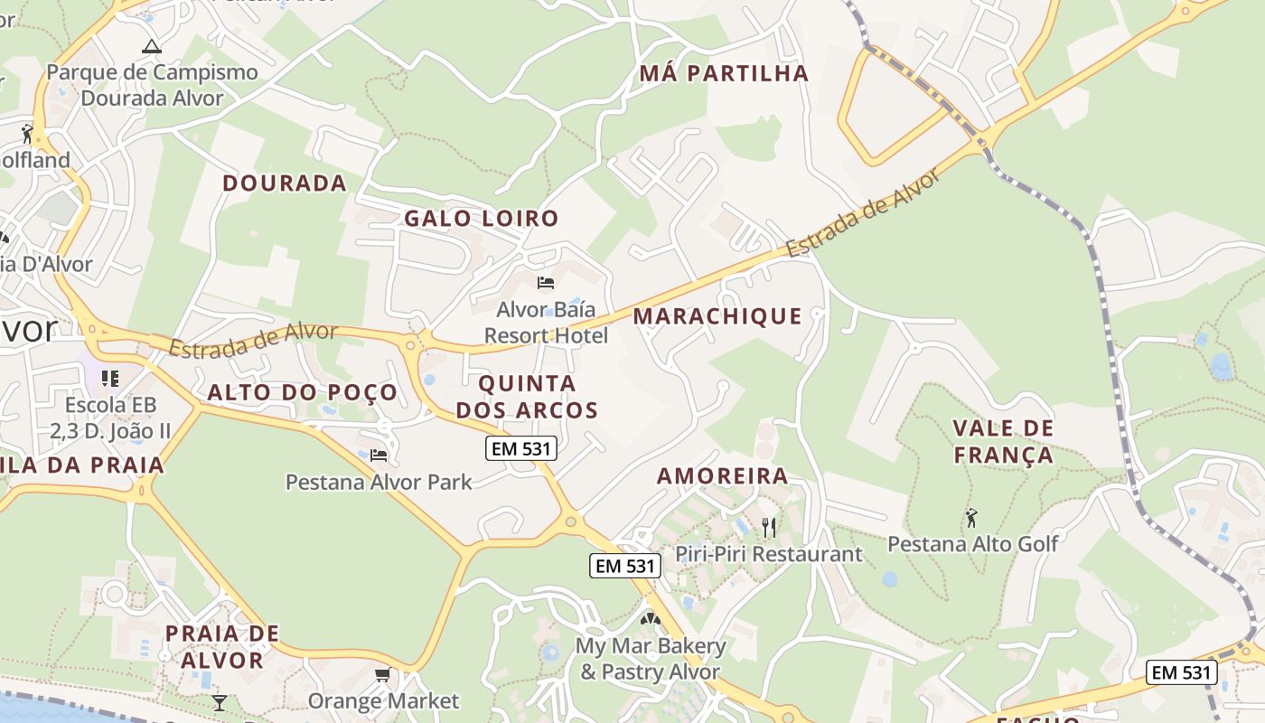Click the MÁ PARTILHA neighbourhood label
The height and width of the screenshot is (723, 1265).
[x=723, y=73]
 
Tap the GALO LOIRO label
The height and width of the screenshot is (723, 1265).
[x=481, y=218]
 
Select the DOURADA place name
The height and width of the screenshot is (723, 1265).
[x=285, y=183]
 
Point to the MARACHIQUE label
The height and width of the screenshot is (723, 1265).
[x=717, y=315]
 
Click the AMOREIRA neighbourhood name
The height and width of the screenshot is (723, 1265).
[x=722, y=475]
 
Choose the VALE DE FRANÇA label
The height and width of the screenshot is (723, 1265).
[x=1004, y=441]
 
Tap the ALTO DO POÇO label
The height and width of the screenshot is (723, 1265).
[x=303, y=392]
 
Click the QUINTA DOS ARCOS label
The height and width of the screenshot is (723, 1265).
[x=527, y=397]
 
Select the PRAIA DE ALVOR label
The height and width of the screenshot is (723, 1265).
[x=221, y=646]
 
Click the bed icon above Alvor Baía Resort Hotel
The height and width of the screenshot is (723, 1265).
[x=546, y=283]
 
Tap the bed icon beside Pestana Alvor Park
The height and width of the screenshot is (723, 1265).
[x=379, y=455]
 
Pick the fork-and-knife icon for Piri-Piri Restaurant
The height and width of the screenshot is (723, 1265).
[x=769, y=527]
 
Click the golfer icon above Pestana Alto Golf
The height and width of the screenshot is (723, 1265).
[x=971, y=518]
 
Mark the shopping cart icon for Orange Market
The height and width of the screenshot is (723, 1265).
[x=383, y=675]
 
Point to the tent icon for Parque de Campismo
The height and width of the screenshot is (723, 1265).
[x=152, y=46]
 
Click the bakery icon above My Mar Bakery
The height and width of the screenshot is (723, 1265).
[x=650, y=619]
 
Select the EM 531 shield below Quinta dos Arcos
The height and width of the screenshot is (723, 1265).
[x=520, y=447]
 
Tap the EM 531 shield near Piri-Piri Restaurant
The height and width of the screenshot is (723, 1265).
[x=625, y=567]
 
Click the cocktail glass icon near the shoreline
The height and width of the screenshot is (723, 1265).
[x=220, y=702]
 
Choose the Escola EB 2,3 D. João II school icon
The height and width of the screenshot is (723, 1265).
[x=110, y=378]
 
